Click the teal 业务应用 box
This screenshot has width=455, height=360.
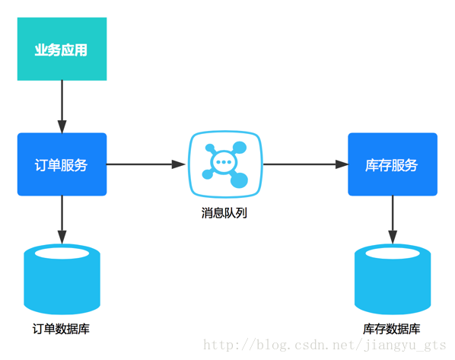click(62, 49)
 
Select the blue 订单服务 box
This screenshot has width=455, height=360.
click(62, 164)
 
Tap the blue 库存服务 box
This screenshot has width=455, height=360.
click(393, 164)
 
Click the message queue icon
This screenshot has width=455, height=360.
click(225, 164)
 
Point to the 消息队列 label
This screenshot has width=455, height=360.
click(224, 213)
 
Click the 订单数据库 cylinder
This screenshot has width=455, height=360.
click(62, 282)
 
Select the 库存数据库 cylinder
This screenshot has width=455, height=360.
click(393, 282)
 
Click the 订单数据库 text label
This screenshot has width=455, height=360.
click(62, 329)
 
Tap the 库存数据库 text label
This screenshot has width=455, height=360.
click(392, 329)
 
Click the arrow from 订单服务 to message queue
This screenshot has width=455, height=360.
click(145, 164)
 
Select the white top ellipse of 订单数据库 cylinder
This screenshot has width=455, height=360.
click(62, 253)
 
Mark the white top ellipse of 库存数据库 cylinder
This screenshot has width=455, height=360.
click(393, 253)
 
